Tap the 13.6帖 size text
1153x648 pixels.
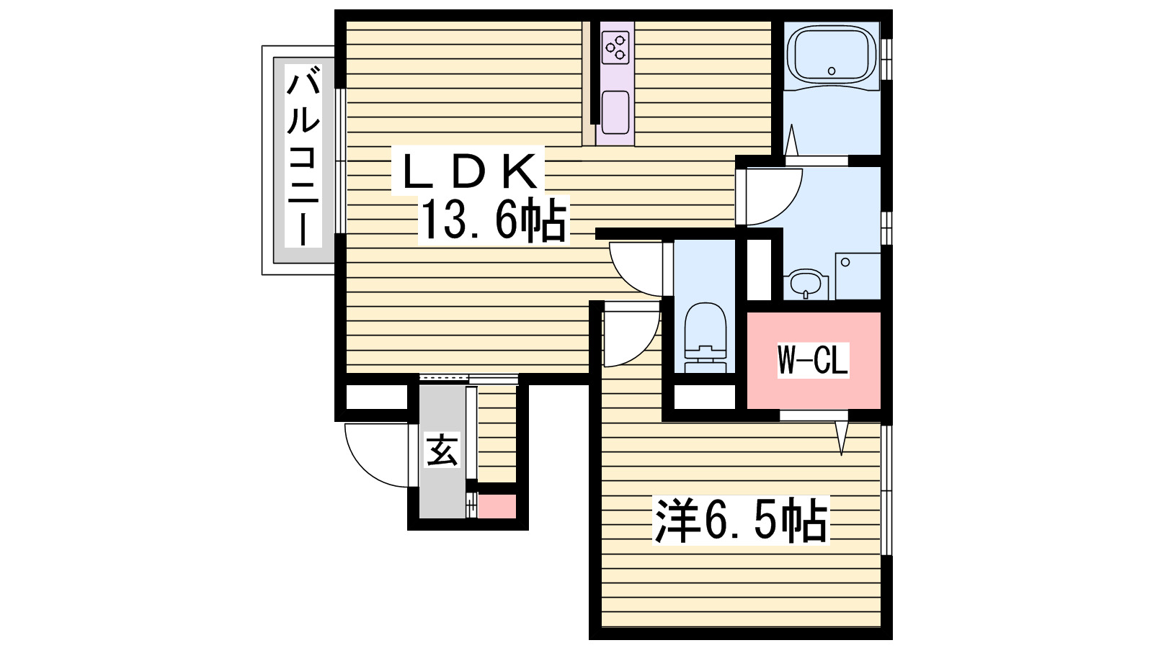493,220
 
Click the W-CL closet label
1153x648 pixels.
813,359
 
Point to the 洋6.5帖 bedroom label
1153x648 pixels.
741,520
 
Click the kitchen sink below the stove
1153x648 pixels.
615,112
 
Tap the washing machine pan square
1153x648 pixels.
858,275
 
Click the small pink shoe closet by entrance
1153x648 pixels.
497,506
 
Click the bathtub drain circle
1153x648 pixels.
832,71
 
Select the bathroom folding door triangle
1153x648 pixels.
791,140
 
